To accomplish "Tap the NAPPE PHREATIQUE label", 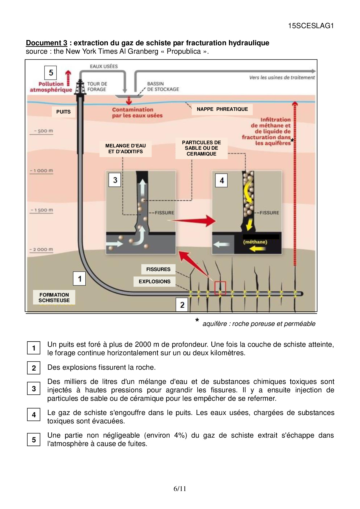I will coord(222,109).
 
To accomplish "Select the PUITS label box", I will coord(63,112).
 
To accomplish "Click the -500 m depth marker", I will coord(42,131).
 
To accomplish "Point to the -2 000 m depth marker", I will coord(42,250).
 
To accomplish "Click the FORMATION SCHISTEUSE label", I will coord(54,297).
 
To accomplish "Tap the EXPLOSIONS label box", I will coord(154,281).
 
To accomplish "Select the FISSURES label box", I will coord(158,269).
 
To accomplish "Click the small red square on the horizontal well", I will coord(220,288).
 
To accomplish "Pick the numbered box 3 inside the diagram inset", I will coord(115,180).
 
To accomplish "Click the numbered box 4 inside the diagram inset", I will coord(222,181).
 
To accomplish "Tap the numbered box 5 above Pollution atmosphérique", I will coord(51,73).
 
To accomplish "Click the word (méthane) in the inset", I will coord(255,242).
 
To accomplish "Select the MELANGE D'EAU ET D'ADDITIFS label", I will coord(125,149).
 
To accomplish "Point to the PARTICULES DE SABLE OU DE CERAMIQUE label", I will coord(201,148).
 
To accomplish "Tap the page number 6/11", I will coord(180,489).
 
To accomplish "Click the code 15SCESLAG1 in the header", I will coord(311,26).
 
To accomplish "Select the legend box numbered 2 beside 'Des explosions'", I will coord(34,368).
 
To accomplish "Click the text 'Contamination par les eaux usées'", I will coord(137,113).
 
